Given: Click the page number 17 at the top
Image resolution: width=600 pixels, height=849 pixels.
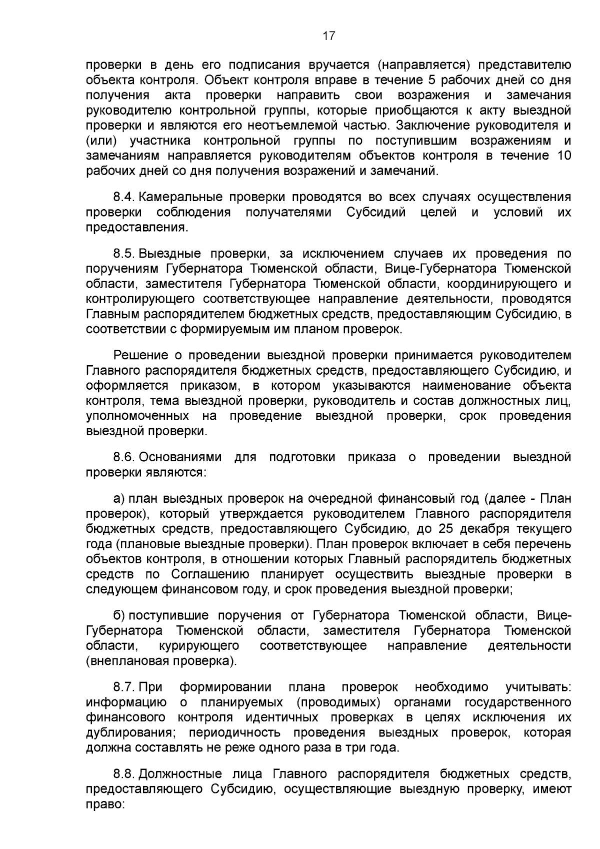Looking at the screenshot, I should coord(328,36).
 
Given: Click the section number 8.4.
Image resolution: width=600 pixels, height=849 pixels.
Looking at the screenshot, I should coord(124,197).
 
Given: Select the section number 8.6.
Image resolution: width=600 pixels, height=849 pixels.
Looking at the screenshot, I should coord(124,457).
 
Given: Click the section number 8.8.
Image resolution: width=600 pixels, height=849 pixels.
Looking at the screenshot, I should coord(124,774).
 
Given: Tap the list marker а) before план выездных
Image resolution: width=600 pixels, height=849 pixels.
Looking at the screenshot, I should coord(119,499).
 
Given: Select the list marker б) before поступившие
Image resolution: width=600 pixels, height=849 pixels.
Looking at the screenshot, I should coord(119,615).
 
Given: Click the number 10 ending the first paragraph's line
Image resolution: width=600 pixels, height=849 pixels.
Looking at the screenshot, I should coord(563,156).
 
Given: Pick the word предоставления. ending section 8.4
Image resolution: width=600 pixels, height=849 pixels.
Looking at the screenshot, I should coord(137,228).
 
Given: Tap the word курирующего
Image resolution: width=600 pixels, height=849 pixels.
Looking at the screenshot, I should coord(198,646).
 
